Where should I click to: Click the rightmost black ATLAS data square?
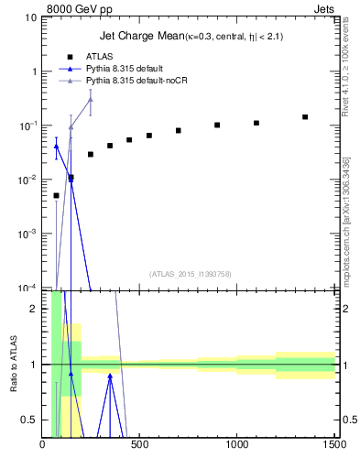305,117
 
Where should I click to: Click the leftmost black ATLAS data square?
56,195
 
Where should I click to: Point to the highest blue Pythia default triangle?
56,146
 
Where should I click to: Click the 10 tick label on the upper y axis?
30,17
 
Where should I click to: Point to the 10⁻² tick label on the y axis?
27,180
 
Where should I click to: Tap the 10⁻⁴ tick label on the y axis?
27,288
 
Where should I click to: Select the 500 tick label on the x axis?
139,447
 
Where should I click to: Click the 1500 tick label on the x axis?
334,447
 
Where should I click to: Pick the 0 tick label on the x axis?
42,447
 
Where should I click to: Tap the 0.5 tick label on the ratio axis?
30,420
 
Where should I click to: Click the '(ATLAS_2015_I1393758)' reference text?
190,273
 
